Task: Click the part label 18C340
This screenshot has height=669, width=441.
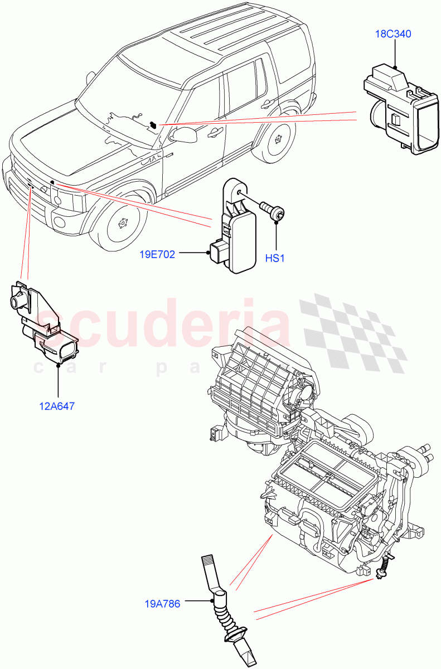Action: (x=393, y=34)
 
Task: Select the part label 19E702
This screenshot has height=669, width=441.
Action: (x=158, y=255)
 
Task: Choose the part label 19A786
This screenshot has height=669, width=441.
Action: (x=162, y=604)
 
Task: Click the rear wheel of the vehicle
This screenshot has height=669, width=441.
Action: (x=277, y=140)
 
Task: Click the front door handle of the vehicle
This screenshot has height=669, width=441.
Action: (x=213, y=133)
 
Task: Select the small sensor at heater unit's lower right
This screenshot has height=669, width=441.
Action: (x=383, y=569)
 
